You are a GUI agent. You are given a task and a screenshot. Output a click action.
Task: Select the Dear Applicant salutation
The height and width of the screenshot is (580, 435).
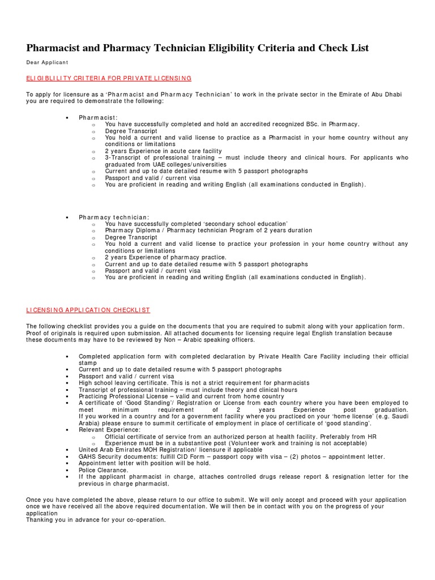46,62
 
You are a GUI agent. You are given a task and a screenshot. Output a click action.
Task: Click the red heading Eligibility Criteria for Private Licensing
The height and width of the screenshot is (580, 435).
109,78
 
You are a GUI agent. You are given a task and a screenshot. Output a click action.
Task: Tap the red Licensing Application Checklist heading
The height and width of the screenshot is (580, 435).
88,310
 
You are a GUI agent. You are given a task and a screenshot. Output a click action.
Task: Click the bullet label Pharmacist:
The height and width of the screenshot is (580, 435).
99,117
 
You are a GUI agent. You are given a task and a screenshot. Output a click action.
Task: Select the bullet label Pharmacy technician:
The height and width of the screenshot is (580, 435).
114,217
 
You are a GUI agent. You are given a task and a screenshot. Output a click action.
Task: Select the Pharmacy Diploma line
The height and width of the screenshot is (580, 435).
208,231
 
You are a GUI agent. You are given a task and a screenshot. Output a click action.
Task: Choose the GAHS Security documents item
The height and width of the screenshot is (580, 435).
232,457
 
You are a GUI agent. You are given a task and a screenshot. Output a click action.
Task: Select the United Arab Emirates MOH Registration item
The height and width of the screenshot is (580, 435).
170,450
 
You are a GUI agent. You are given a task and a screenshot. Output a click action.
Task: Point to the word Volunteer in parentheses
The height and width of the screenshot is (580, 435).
259,443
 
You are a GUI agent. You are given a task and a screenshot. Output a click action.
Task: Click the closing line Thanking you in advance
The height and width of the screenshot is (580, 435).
96,519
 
